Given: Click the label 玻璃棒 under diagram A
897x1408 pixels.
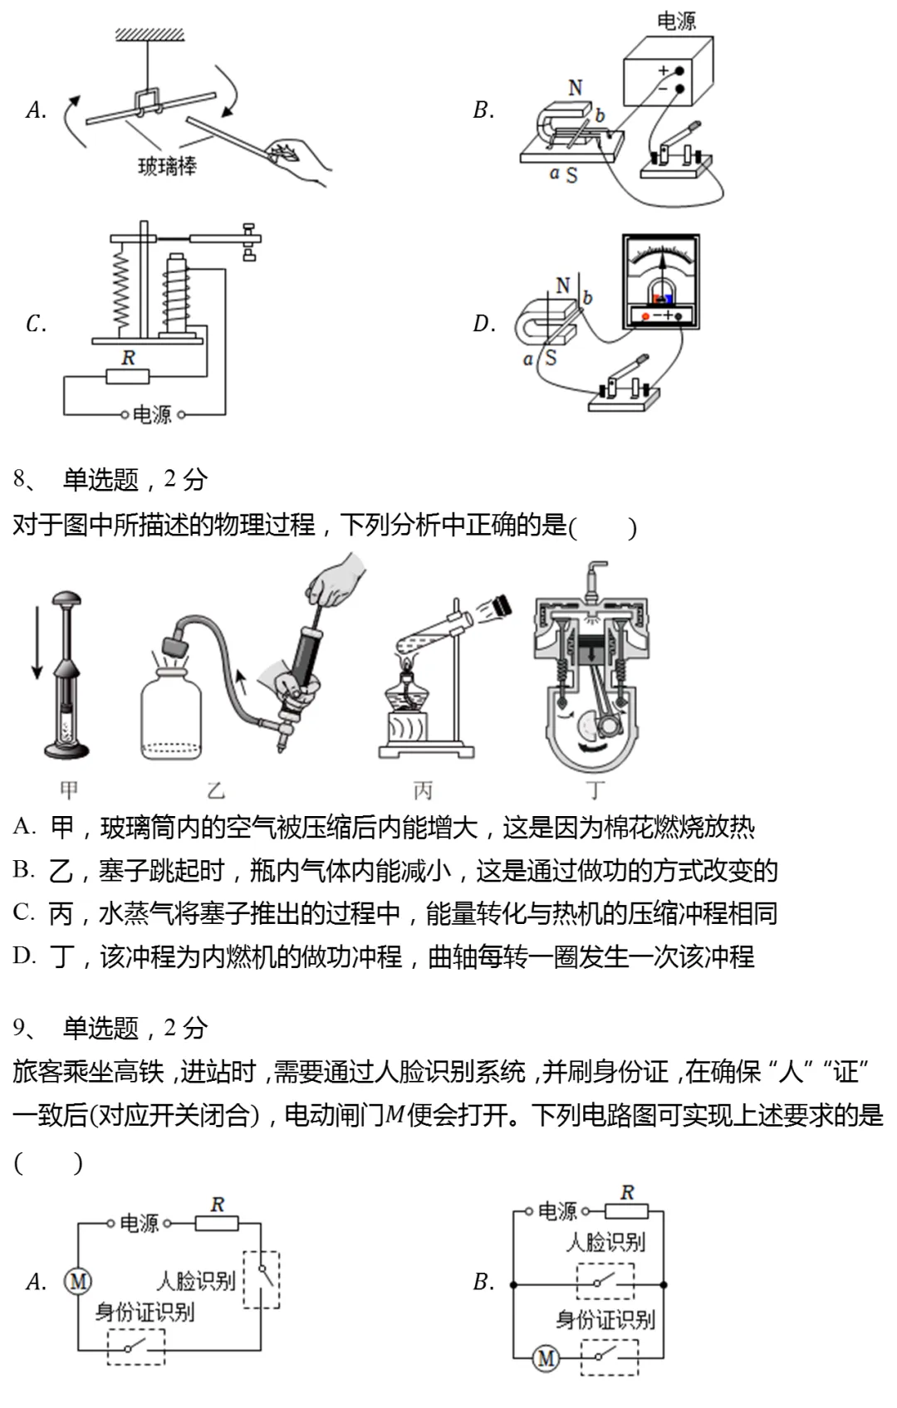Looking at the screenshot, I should click(167, 166).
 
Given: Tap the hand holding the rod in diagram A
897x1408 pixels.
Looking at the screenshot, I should click(300, 158).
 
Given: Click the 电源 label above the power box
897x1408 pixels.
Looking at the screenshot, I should click(675, 21).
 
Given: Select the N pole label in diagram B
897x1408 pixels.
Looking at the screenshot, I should click(576, 87).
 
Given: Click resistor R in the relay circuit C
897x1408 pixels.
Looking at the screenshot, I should click(128, 376).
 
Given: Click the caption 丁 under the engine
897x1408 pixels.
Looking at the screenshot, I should click(596, 790).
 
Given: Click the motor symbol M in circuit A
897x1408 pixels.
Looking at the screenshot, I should click(78, 1281).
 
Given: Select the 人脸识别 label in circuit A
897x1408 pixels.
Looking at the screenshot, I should click(196, 1281).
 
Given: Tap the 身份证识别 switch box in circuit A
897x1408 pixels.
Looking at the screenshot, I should click(136, 1347).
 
